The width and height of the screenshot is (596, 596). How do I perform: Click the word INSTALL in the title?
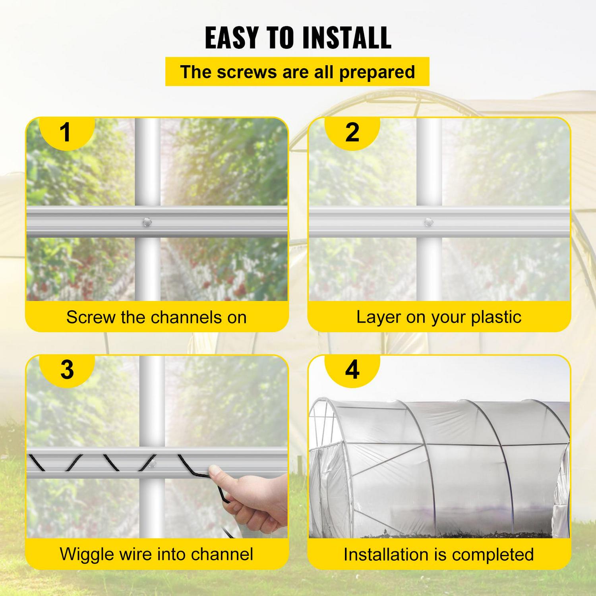346,38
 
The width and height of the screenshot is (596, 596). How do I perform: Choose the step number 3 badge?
67,370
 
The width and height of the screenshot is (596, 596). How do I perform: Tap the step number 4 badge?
352,370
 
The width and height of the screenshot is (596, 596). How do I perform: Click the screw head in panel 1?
147,222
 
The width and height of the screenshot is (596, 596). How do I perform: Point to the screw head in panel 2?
428,222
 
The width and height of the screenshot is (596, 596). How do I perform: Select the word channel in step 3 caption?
223,554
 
